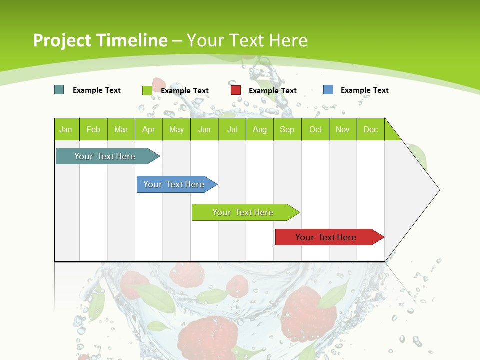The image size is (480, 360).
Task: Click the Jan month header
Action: click(x=66, y=129)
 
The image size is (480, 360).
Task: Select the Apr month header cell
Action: click(x=149, y=129)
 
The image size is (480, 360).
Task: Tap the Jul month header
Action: click(x=232, y=129)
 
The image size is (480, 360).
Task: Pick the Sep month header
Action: click(x=287, y=129)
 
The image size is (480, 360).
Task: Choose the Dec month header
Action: click(x=370, y=129)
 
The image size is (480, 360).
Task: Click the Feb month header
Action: click(x=93, y=129)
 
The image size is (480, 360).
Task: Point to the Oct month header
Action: click(x=315, y=129)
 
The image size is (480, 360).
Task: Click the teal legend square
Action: click(x=59, y=90)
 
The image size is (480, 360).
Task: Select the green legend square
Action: click(x=147, y=90)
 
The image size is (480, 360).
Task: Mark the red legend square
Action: click(x=236, y=90)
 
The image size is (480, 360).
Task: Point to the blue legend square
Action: click(x=328, y=90)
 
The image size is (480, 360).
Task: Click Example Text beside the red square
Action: click(x=273, y=91)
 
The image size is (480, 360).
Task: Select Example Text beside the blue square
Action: click(x=365, y=90)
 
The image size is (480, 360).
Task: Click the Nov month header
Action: click(x=343, y=129)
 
